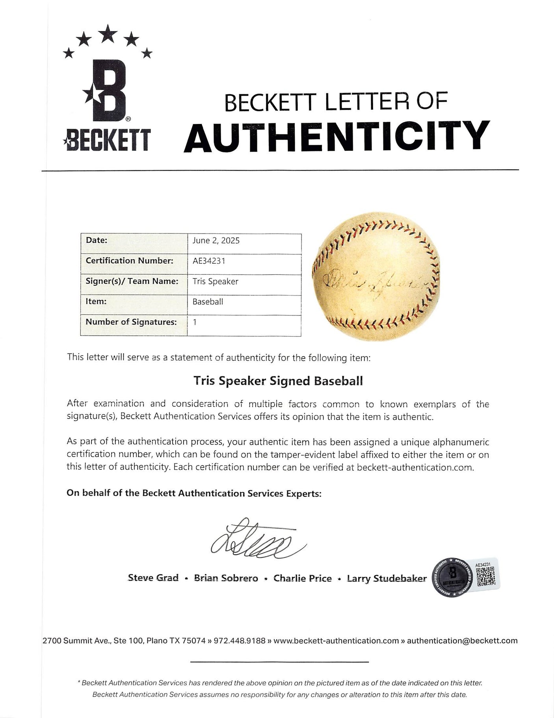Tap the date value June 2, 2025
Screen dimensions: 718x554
click(216, 241)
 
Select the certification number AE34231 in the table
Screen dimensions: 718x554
click(209, 261)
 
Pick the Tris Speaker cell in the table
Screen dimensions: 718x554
click(215, 281)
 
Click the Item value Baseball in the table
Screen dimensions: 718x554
click(208, 302)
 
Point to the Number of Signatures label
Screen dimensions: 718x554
click(131, 322)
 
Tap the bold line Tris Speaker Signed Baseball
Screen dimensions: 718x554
click(278, 381)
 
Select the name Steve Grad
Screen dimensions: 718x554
click(153, 578)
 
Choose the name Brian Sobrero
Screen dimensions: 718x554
click(226, 578)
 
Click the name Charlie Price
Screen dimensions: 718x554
click(303, 578)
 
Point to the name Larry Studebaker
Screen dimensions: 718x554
click(387, 578)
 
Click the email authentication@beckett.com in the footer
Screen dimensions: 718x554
click(462, 641)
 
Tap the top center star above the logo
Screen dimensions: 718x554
click(107, 33)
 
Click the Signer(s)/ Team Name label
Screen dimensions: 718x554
click(132, 281)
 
